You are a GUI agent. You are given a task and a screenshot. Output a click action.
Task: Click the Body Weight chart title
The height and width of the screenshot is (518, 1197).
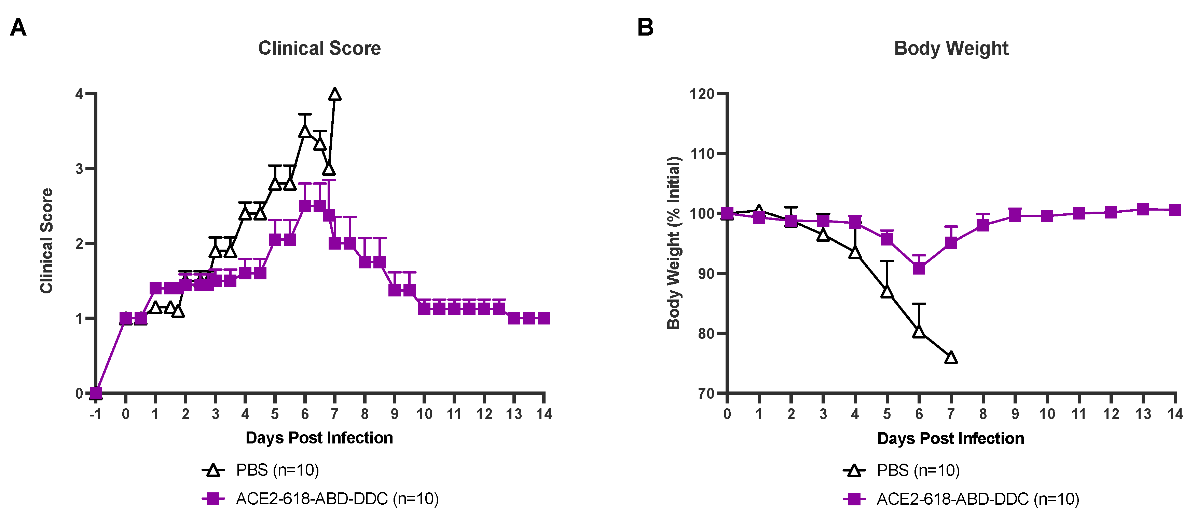click(x=951, y=48)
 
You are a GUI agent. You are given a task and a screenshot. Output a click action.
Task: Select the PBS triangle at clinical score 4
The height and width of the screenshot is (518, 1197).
click(x=334, y=95)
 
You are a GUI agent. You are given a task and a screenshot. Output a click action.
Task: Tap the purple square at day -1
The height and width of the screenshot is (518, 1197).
click(x=96, y=394)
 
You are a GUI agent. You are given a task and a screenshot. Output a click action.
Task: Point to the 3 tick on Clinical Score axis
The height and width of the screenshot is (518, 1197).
click(x=80, y=169)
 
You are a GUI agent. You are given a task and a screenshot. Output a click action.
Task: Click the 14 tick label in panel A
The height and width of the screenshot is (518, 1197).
click(x=544, y=414)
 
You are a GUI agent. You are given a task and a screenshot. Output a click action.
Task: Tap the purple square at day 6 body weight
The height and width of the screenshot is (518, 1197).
click(x=919, y=269)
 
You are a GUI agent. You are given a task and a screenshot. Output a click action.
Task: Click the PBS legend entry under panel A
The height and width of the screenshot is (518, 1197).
click(x=260, y=470)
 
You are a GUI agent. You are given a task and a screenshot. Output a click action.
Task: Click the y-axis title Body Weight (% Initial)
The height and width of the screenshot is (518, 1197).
click(x=674, y=243)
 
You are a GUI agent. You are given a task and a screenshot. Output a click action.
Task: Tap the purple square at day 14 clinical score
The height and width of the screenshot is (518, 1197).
click(x=544, y=319)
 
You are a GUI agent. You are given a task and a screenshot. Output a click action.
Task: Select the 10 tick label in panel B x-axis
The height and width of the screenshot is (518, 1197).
click(x=1047, y=414)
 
